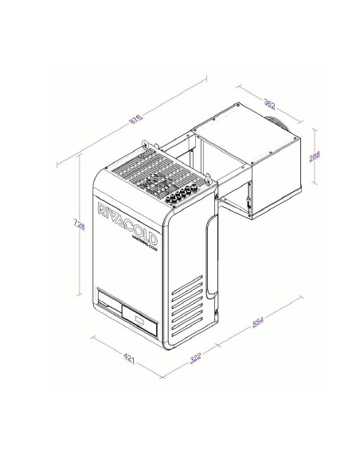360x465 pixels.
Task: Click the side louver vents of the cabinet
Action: [x=188, y=306]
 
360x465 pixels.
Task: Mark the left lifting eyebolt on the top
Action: [x=144, y=146]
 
